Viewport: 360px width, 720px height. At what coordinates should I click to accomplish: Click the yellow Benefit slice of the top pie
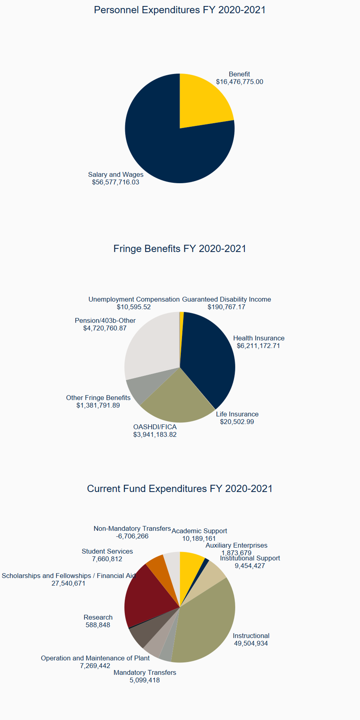(x=202, y=102)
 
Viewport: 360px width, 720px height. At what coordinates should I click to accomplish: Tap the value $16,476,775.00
(x=239, y=82)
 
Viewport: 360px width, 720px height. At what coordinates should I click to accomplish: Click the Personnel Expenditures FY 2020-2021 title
(x=179, y=10)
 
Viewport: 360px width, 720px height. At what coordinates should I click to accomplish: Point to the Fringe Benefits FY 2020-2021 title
(x=179, y=249)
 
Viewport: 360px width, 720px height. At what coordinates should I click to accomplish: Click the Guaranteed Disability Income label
(x=226, y=299)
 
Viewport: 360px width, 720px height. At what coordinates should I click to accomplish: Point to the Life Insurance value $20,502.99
(x=237, y=422)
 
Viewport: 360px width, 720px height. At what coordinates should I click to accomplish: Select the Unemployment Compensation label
(x=134, y=299)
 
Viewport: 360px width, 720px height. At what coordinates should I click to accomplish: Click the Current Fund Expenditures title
(x=179, y=489)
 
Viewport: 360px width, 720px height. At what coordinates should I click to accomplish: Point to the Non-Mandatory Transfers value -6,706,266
(x=132, y=536)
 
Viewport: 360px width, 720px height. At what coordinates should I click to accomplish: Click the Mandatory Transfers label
(x=144, y=673)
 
